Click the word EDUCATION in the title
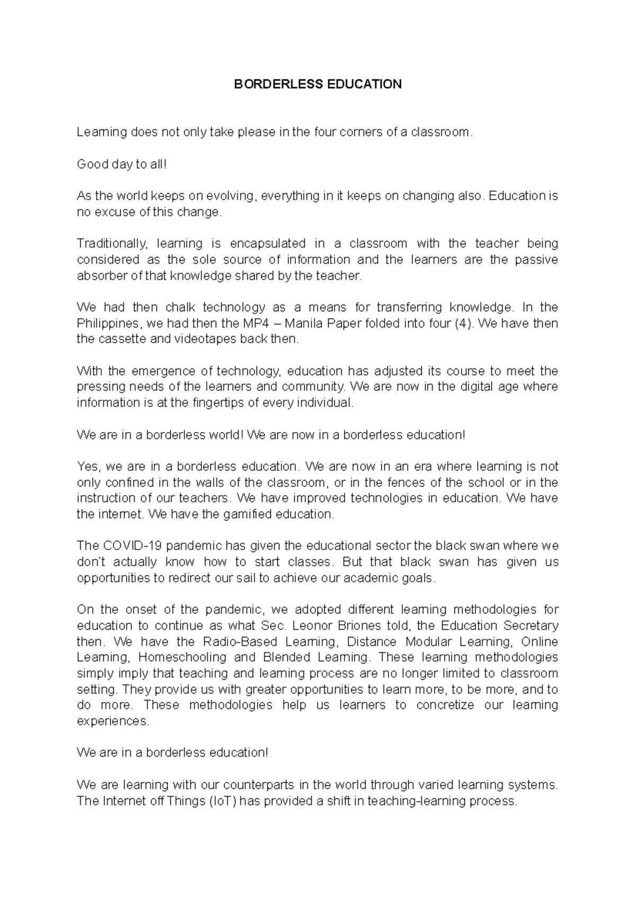[364, 84]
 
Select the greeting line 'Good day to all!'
[122, 164]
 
